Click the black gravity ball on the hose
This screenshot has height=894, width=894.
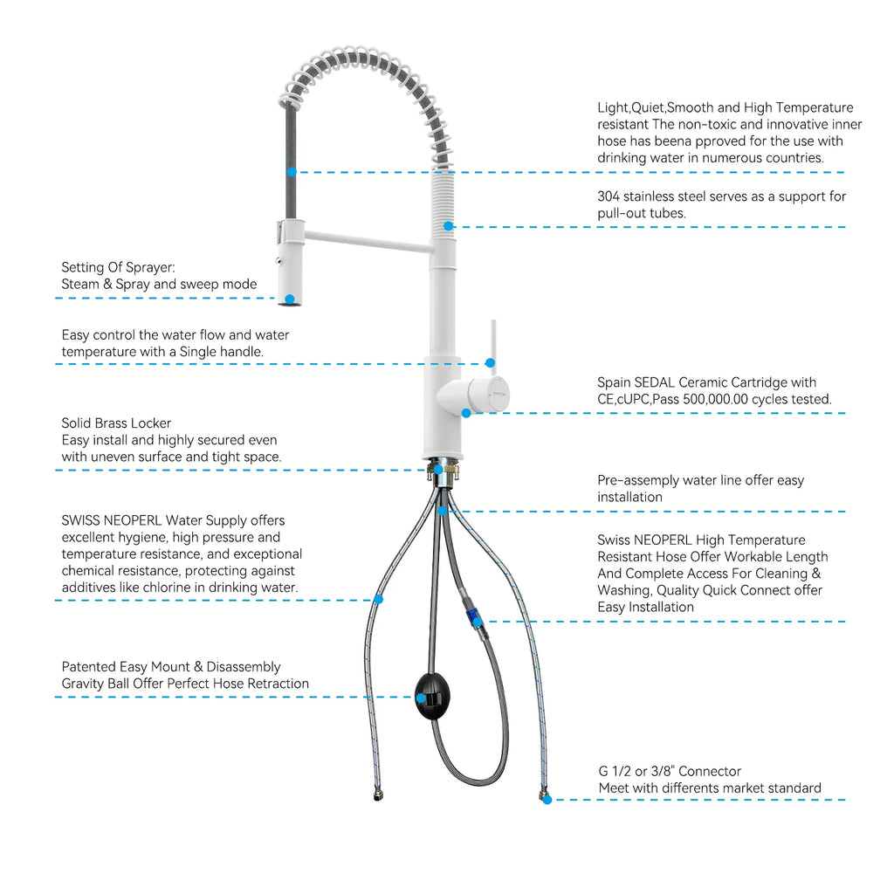pyautogui.click(x=432, y=696)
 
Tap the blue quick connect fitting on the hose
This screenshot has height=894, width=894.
pyautogui.click(x=472, y=615)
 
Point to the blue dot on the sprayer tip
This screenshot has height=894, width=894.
pyautogui.click(x=290, y=299)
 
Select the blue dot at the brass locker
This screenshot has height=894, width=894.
pyautogui.click(x=438, y=470)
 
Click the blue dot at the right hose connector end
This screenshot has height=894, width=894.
pyautogui.click(x=547, y=800)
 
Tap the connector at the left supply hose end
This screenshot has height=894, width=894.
pyautogui.click(x=378, y=794)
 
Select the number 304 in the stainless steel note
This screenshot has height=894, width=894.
pyautogui.click(x=609, y=196)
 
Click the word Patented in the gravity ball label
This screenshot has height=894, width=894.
pyautogui.click(x=88, y=667)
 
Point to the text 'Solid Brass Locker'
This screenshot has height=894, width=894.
pyautogui.click(x=116, y=423)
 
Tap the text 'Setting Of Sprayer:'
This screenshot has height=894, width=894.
pyautogui.click(x=118, y=267)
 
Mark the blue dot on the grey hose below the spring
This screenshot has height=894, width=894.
pyautogui.click(x=292, y=172)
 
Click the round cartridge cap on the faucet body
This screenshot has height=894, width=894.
pyautogui.click(x=489, y=394)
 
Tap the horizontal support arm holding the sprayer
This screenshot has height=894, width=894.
pyautogui.click(x=368, y=241)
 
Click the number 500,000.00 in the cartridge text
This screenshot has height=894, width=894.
pyautogui.click(x=715, y=399)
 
